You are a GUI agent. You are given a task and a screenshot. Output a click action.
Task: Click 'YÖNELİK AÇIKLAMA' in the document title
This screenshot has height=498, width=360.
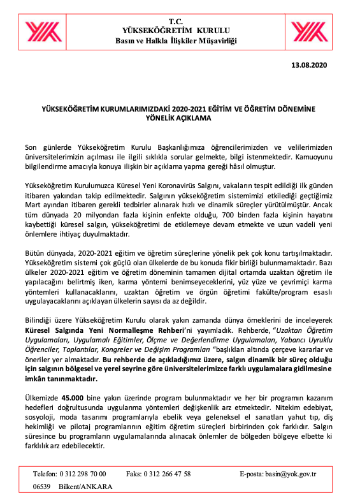point(179,118)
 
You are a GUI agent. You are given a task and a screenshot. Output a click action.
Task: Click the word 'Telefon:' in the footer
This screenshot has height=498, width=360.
point(44,474)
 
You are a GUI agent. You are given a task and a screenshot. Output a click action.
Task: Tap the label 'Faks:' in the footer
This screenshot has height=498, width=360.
point(133,474)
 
